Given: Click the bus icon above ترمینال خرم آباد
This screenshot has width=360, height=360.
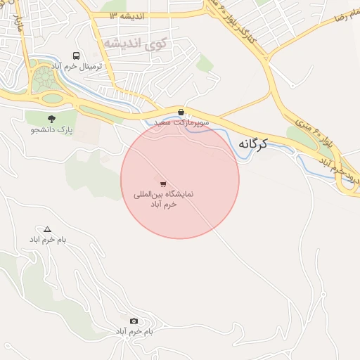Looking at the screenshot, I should [x=75, y=55].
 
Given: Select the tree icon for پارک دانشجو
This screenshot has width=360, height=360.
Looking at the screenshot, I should [x=51, y=119].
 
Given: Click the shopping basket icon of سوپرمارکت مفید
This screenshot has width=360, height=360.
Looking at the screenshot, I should [x=181, y=112].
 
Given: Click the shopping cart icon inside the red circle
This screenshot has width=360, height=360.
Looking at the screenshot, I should [x=164, y=183].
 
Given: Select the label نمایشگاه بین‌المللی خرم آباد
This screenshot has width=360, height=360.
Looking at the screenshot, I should [x=165, y=198].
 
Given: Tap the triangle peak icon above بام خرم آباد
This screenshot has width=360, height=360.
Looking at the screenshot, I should [x=47, y=229].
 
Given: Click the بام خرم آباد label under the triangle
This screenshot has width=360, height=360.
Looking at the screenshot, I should [x=47, y=240].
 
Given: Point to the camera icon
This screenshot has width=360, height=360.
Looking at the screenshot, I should [x=134, y=321].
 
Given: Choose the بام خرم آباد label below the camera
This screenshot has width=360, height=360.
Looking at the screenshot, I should [x=134, y=330].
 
